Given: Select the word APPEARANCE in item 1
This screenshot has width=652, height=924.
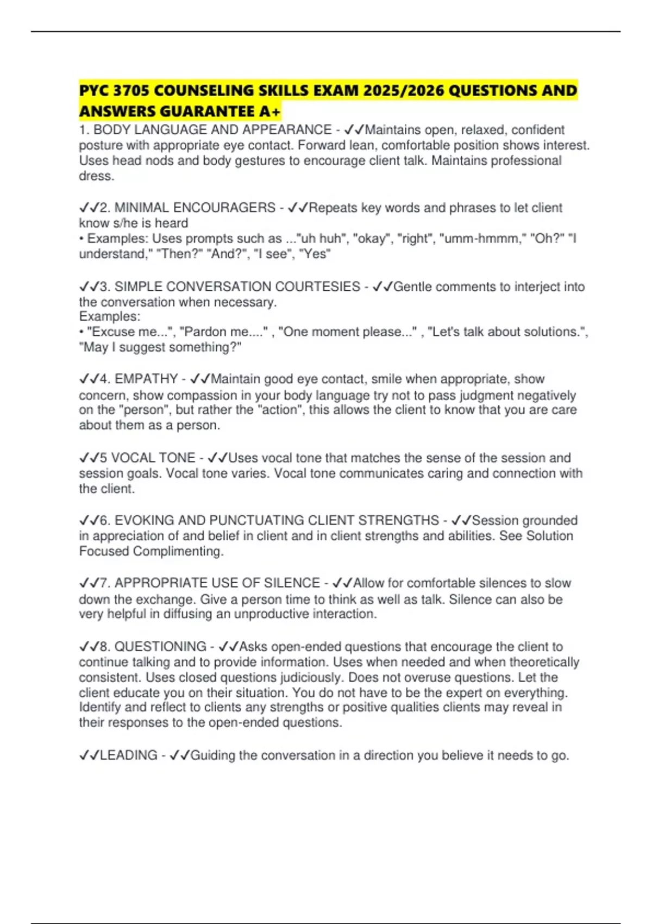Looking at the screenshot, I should (287, 130).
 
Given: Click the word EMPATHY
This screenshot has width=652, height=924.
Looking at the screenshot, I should (146, 379).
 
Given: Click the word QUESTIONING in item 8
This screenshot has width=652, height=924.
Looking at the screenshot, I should (160, 646).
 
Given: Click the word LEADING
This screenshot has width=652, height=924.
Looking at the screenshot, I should (129, 755).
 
